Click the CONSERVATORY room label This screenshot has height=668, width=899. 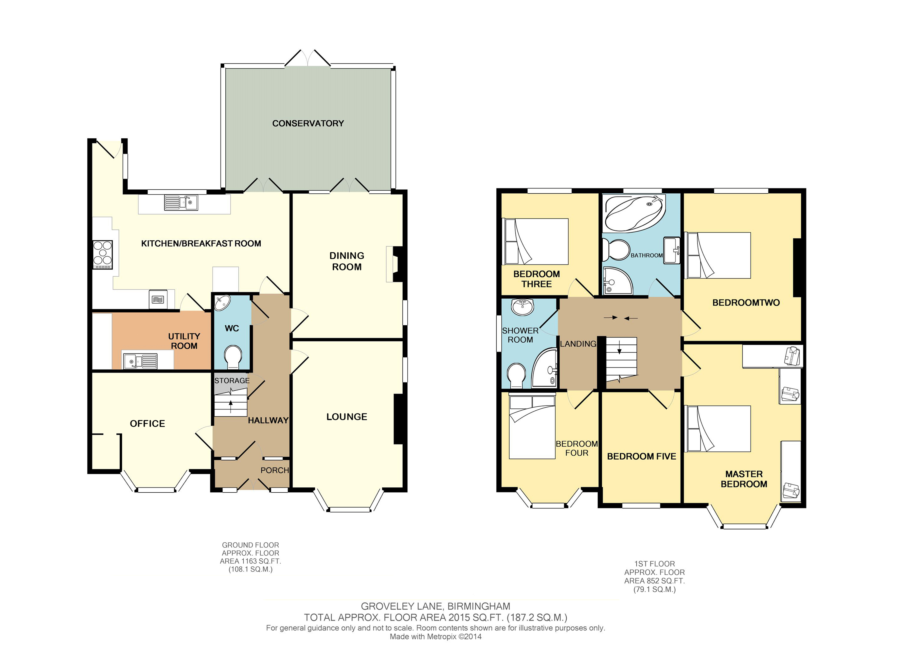click(308, 123)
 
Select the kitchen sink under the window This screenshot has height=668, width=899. click(181, 202)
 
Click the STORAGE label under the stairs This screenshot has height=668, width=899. click(232, 381)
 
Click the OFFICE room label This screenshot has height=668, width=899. click(147, 423)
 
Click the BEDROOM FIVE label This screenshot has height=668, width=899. click(642, 456)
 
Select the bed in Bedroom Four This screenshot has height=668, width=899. click(532, 427)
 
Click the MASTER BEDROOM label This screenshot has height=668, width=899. click(744, 479)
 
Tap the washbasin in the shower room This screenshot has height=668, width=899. click(523, 307)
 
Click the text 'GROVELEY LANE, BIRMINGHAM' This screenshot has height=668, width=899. click(435, 606)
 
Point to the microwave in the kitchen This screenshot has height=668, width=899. click(158, 299)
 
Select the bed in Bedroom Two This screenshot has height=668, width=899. click(717, 255)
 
